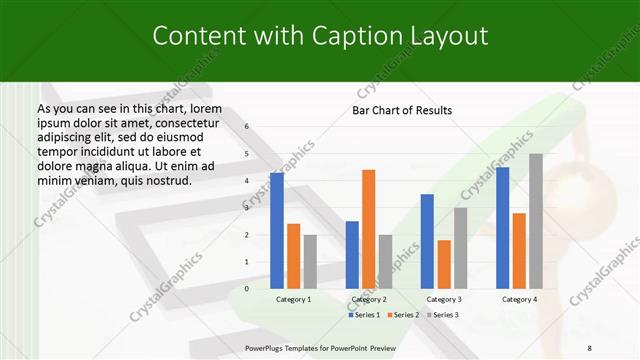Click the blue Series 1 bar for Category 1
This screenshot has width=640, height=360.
277,230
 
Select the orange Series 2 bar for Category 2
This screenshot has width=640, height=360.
369,229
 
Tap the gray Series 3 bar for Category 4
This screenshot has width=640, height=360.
536,221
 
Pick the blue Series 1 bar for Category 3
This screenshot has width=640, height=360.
427,241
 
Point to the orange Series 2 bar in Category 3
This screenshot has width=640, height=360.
444,264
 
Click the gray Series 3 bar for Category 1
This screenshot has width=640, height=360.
310,261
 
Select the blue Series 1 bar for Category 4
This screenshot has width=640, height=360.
503,227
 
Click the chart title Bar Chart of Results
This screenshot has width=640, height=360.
402,110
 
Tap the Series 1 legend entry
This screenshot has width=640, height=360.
364,315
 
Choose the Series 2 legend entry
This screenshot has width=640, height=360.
402,315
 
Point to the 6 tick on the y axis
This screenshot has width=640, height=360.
247,127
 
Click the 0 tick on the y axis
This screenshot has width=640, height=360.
247,289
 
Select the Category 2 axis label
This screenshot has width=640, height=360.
369,300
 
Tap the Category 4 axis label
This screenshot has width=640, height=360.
519,300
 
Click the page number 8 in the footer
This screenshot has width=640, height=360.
589,348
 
